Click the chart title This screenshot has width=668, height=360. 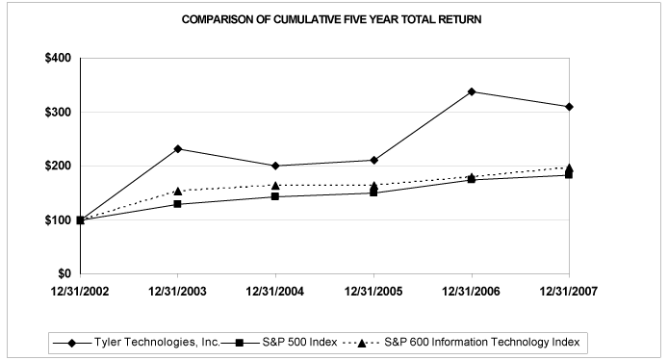[334, 19]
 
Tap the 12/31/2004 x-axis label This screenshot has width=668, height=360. [277, 291]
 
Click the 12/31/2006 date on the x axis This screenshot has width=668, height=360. [472, 291]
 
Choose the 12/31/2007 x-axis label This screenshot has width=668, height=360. [569, 291]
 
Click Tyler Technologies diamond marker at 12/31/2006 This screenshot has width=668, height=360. [472, 91]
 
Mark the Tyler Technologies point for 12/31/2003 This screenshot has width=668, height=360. [179, 148]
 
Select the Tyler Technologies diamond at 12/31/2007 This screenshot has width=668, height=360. [569, 107]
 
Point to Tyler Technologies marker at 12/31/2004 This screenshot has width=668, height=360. [277, 166]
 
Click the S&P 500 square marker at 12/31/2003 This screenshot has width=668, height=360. [179, 204]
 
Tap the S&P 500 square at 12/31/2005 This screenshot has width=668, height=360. [374, 193]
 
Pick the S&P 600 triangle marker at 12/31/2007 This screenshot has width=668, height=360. [569, 167]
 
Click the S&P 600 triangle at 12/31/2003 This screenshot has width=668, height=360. [179, 191]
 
